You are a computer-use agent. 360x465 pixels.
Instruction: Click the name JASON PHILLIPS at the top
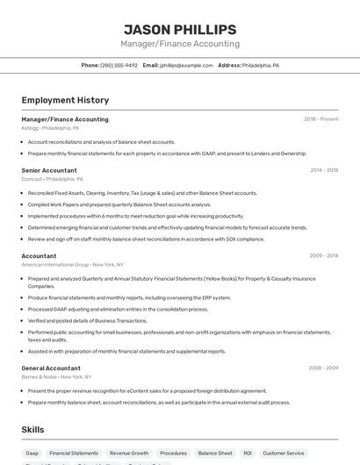pyautogui.click(x=180, y=29)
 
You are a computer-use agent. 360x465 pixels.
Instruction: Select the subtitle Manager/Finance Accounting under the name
pyautogui.click(x=180, y=44)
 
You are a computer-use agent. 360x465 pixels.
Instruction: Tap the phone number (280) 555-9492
pyautogui.click(x=119, y=65)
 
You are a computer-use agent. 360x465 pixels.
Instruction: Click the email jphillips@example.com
pyautogui.click(x=185, y=65)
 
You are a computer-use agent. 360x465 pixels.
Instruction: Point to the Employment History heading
pyautogui.click(x=65, y=100)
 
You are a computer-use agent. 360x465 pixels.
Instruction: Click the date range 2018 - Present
pyautogui.click(x=320, y=119)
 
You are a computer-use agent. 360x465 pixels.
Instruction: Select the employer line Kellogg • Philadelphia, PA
pyautogui.click(x=50, y=128)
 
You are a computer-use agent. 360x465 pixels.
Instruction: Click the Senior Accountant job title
pyautogui.click(x=49, y=170)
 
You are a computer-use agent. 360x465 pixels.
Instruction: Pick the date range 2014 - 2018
pyautogui.click(x=324, y=170)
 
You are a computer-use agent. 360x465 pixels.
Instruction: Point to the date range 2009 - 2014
pyautogui.click(x=324, y=256)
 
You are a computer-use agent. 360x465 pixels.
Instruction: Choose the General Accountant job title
pyautogui.click(x=51, y=368)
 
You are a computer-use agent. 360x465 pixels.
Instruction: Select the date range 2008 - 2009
pyautogui.click(x=324, y=368)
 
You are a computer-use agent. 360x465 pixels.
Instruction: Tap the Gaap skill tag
pyautogui.click(x=32, y=454)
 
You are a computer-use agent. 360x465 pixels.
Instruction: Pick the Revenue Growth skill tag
pyautogui.click(x=129, y=454)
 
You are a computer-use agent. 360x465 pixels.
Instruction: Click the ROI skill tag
pyautogui.click(x=248, y=454)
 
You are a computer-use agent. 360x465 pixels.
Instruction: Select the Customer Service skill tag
pyautogui.click(x=284, y=454)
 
